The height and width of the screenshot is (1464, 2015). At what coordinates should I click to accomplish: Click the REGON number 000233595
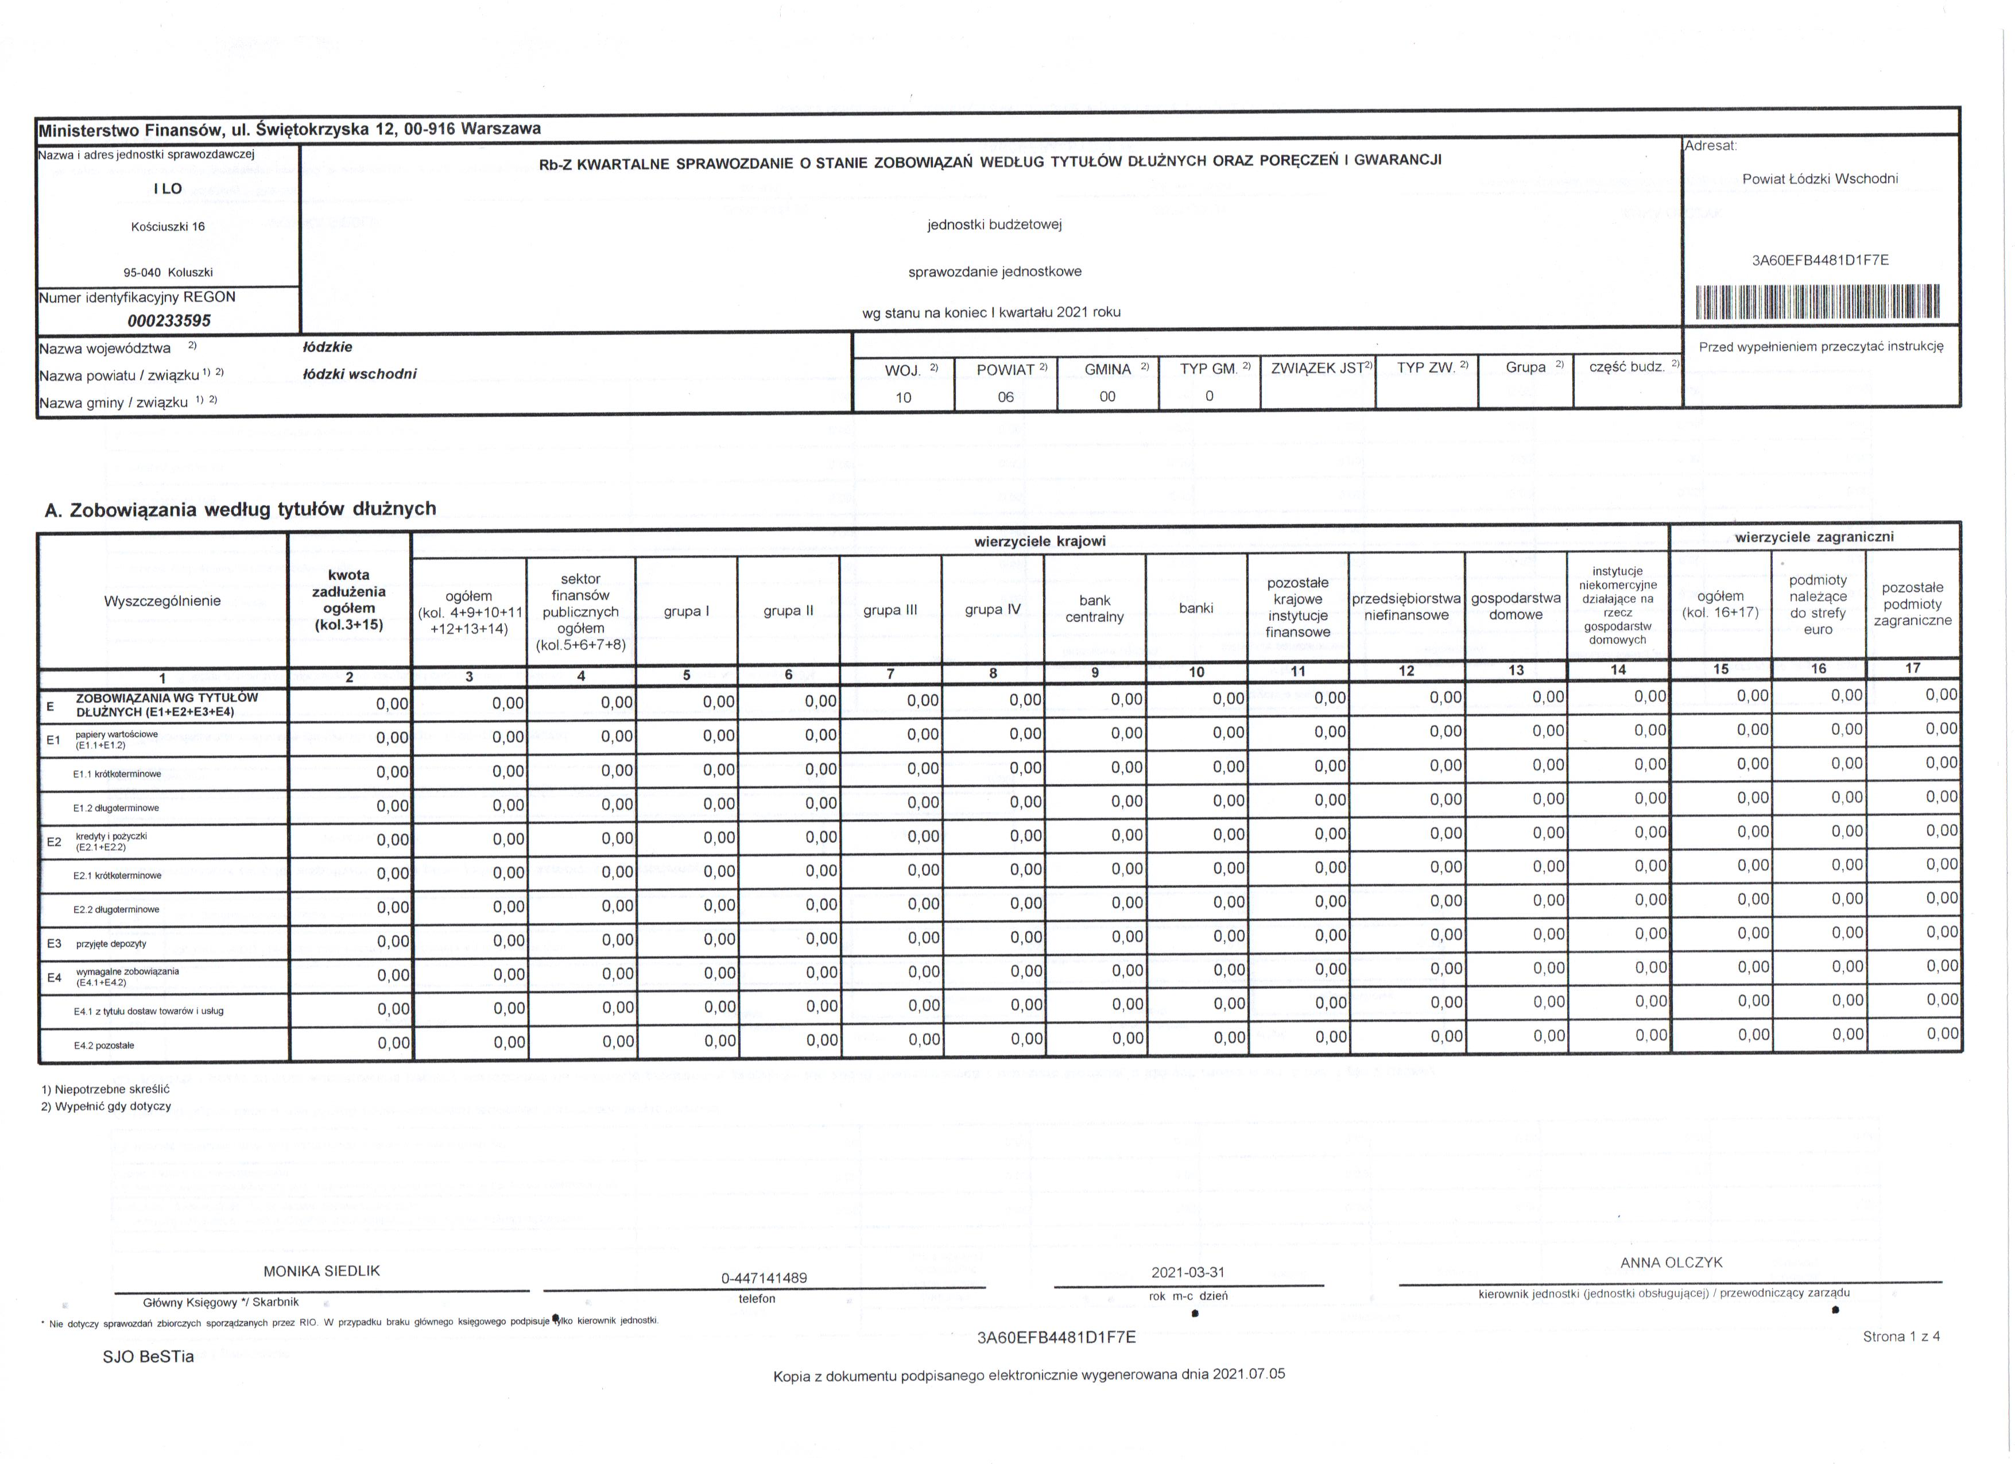169,321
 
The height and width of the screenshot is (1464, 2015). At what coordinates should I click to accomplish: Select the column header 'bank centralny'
1095,609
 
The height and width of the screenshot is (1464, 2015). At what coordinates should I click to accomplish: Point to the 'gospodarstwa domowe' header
1516,607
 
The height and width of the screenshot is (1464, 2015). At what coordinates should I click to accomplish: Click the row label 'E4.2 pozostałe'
104,1045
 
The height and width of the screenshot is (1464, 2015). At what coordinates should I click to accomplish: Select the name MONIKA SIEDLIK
321,1271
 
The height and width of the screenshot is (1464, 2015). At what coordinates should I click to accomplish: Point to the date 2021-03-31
1188,1272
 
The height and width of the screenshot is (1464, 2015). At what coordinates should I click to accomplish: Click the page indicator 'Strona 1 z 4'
1901,1336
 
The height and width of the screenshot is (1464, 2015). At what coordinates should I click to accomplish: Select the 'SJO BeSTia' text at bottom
148,1357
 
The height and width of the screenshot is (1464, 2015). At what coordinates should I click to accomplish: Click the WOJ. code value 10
904,397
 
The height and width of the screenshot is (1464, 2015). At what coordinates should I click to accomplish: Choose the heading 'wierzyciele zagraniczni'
1814,537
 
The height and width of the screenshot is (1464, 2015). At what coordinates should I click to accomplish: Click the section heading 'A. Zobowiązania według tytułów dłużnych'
241,509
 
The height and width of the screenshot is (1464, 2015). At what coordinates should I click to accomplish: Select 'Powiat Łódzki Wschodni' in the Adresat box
1820,179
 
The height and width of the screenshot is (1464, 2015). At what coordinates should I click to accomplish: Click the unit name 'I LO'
168,188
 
